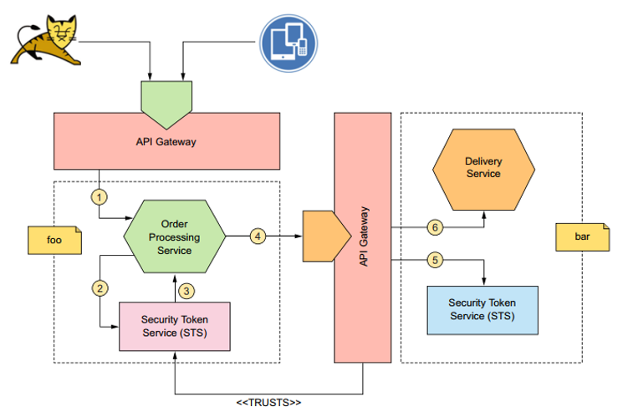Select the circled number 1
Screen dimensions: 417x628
pyautogui.click(x=100, y=197)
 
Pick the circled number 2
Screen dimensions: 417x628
pyautogui.click(x=100, y=288)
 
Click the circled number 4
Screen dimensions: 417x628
pyautogui.click(x=258, y=236)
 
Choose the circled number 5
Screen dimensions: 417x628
pyautogui.click(x=434, y=260)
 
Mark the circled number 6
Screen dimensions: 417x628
pyautogui.click(x=433, y=226)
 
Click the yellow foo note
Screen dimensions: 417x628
pyautogui.click(x=56, y=239)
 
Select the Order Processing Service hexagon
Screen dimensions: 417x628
pyautogui.click(x=174, y=236)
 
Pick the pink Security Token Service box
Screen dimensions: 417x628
pyautogui.click(x=174, y=326)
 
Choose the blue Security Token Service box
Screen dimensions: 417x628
pyautogui.click(x=482, y=309)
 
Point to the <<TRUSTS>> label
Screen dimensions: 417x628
pyautogui.click(x=268, y=403)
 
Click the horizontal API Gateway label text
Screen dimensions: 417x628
pyautogui.click(x=166, y=141)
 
